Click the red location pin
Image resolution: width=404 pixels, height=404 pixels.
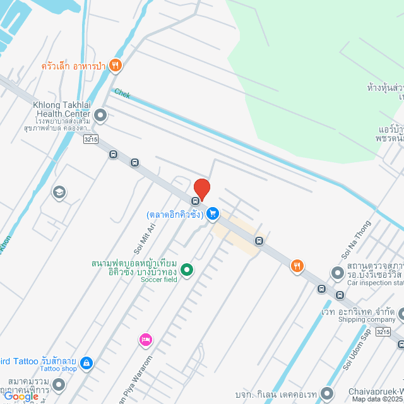(202, 189)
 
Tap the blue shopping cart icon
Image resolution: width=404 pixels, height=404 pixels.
(213, 213)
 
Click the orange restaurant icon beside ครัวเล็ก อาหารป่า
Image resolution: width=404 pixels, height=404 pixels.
(115, 64)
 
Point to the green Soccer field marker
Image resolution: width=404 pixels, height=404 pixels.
(187, 270)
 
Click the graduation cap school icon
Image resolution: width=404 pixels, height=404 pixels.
(59, 193)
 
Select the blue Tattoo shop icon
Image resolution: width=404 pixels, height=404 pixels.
(87, 362)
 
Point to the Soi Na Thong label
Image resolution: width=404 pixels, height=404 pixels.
(357, 239)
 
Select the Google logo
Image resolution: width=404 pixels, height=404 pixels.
(21, 396)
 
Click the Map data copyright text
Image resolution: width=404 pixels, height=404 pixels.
(377, 399)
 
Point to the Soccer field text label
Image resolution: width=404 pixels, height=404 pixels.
(158, 279)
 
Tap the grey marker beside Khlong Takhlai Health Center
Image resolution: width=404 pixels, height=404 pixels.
(99, 115)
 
